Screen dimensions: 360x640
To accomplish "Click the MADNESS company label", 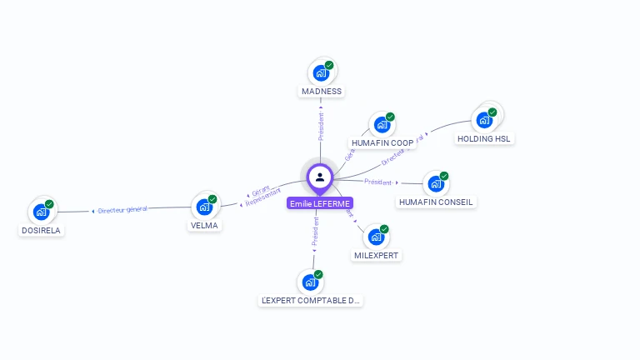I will (x=322, y=91).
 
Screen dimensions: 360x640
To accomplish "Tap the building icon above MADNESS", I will (x=320, y=73).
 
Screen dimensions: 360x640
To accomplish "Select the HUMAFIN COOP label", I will (x=382, y=142).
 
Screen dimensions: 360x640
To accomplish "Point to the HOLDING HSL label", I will (x=484, y=138).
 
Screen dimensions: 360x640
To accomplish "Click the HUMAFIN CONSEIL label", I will (x=435, y=202).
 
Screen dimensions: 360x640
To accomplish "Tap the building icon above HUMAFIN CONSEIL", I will (x=435, y=184).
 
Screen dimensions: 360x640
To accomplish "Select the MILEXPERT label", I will (x=376, y=255).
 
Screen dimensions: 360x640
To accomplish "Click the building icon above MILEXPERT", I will (x=375, y=237).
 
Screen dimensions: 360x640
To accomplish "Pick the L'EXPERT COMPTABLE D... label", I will (x=310, y=300).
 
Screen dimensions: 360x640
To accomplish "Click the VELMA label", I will (x=203, y=225).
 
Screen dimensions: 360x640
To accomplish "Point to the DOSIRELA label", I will (x=40, y=230).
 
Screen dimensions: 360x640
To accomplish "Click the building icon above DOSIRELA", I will (x=40, y=212).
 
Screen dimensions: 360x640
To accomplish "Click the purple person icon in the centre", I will (x=320, y=177).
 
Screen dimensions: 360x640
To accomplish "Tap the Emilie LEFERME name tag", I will (x=320, y=203).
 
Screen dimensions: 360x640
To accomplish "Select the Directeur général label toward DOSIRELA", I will (x=122, y=210).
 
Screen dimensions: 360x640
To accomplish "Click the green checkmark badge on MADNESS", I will (x=329, y=65).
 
